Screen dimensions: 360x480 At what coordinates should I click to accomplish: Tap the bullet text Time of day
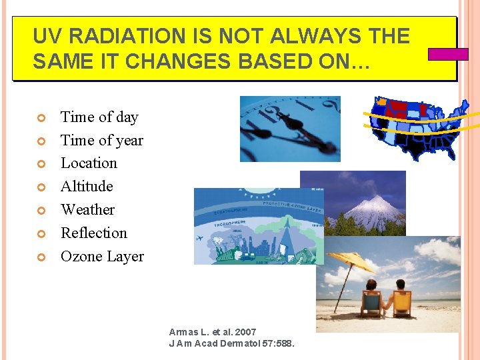[x=99, y=117]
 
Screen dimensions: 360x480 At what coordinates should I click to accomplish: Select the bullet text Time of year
[x=102, y=140]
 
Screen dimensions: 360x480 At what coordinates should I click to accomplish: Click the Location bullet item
[x=89, y=163]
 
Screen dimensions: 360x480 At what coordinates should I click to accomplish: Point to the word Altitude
[x=87, y=187]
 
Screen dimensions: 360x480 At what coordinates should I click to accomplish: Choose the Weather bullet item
[x=87, y=210]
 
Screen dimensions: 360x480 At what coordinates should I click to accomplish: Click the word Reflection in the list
[x=93, y=233]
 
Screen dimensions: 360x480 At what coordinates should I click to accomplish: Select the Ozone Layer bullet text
[x=102, y=257]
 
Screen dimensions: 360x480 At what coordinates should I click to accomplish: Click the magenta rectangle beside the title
[x=447, y=54]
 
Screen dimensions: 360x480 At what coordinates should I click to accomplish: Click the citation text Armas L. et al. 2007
[x=213, y=332]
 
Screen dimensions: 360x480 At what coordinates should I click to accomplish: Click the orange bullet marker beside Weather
[x=40, y=211]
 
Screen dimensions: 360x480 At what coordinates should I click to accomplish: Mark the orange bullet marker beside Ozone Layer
[x=40, y=257]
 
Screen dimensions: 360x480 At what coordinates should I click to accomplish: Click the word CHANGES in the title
[x=153, y=61]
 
